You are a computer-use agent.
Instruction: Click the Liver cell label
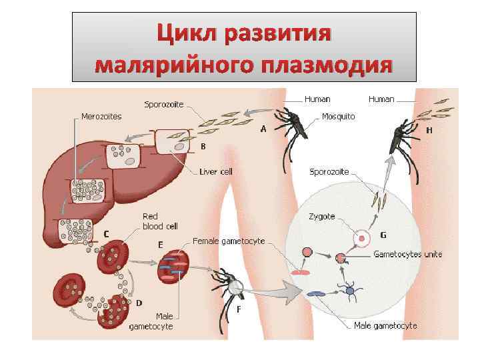pyautogui.click(x=216, y=171)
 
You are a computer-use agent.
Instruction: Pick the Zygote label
pyautogui.click(x=322, y=217)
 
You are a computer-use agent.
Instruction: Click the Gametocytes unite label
pyautogui.click(x=407, y=254)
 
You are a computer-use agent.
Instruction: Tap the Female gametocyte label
pyautogui.click(x=229, y=240)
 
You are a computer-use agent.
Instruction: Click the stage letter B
pyautogui.click(x=203, y=145)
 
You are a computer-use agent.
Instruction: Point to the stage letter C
pyautogui.click(x=106, y=233)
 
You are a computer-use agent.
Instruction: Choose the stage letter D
pyautogui.click(x=138, y=303)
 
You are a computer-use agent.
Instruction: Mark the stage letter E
pyautogui.click(x=160, y=245)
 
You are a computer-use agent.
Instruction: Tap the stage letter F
pyautogui.click(x=238, y=309)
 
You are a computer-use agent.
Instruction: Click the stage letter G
pyautogui.click(x=383, y=235)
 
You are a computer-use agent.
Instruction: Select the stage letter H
pyautogui.click(x=429, y=130)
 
